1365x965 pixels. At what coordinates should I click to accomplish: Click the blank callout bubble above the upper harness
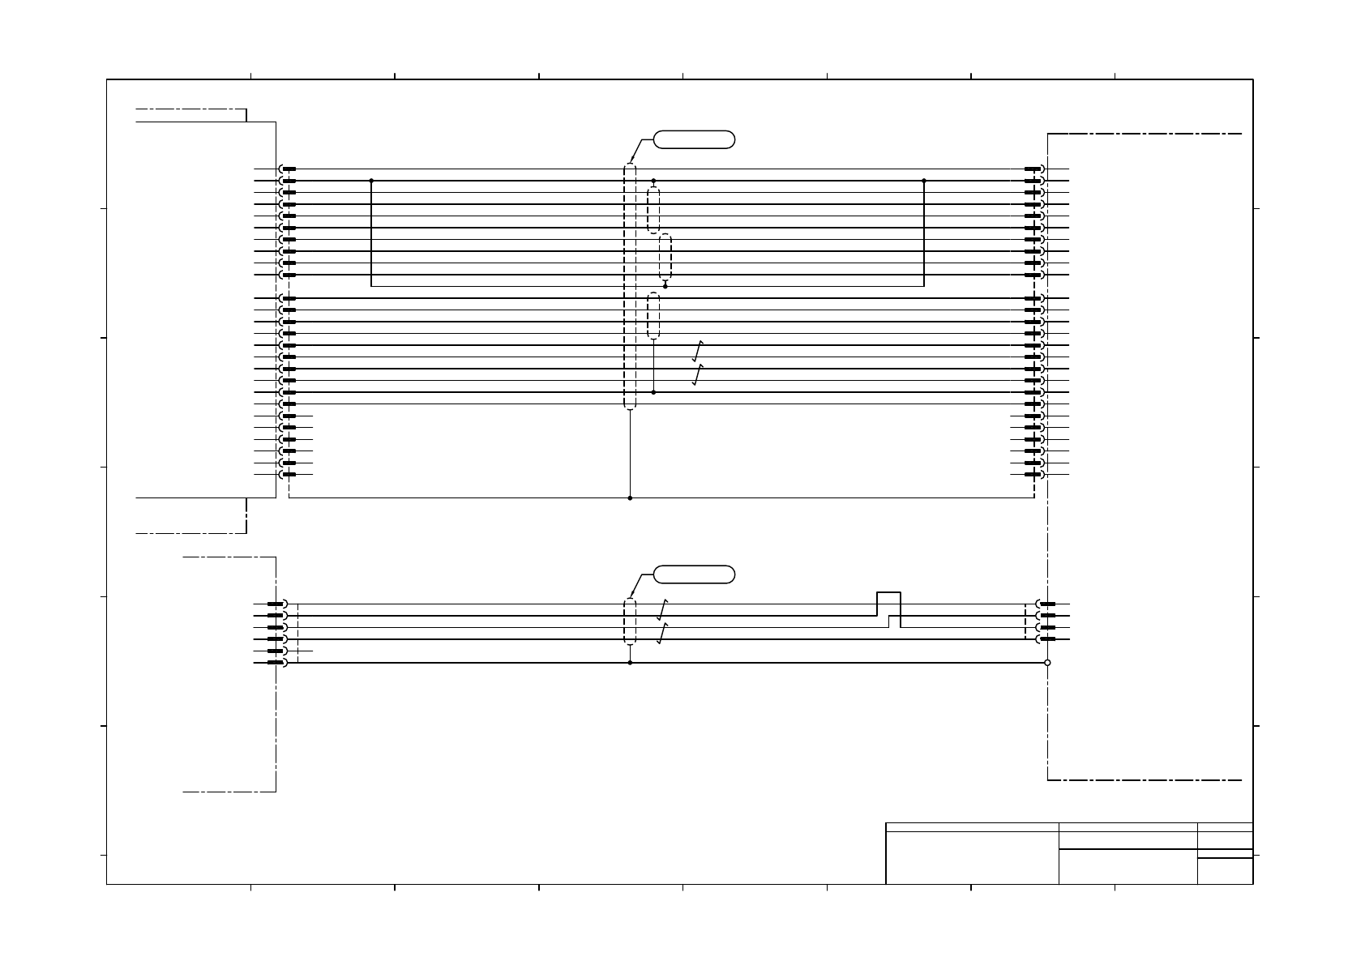click(x=694, y=139)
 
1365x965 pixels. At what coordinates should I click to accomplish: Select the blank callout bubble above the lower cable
click(x=694, y=574)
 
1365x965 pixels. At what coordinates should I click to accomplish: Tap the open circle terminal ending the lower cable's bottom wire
click(x=1047, y=663)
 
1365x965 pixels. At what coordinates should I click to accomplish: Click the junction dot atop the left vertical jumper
click(x=371, y=181)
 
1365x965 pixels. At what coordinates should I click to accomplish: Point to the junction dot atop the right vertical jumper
click(x=924, y=181)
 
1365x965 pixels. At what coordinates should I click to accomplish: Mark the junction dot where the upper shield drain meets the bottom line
click(x=630, y=497)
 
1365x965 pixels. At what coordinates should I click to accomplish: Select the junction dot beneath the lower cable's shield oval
click(x=630, y=663)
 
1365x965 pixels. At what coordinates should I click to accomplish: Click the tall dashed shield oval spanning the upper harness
click(x=630, y=287)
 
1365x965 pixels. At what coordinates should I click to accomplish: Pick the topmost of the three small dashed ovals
click(x=653, y=210)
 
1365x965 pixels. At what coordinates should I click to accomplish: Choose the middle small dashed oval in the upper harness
click(x=665, y=257)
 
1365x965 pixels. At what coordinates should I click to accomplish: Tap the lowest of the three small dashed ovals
click(x=653, y=316)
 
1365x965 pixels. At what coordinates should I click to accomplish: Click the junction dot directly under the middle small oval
click(x=665, y=286)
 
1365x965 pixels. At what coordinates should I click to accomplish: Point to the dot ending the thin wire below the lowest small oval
click(x=653, y=392)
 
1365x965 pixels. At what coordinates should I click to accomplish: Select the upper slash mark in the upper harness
click(x=698, y=351)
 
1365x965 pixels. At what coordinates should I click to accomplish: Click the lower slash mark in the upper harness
click(x=698, y=374)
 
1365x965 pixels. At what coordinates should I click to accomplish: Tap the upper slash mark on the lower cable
click(x=662, y=609)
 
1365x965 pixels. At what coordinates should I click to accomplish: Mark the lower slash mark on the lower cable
click(x=662, y=633)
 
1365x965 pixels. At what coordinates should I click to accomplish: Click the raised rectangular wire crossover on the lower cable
click(x=888, y=604)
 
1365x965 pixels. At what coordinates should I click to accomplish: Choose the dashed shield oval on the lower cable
click(x=630, y=621)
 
